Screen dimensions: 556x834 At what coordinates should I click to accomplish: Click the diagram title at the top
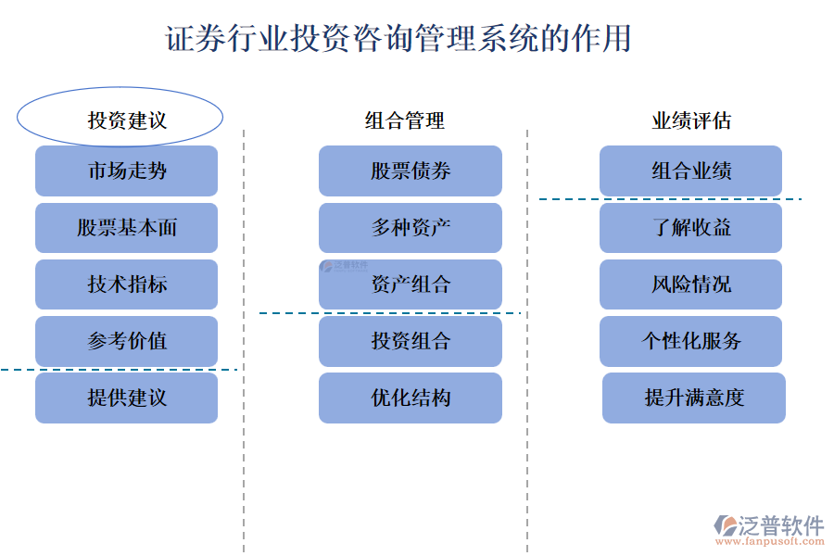[398, 39]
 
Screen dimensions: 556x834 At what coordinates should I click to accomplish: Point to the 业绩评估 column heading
[691, 120]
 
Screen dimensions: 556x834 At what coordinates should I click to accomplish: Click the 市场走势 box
[127, 171]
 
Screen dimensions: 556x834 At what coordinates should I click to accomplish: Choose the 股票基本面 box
[127, 228]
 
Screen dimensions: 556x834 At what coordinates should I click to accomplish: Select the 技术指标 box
[127, 284]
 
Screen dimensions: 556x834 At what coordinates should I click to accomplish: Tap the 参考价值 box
[127, 341]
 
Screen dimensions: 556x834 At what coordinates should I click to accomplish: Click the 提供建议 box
[127, 398]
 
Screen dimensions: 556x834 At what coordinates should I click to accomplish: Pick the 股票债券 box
[411, 171]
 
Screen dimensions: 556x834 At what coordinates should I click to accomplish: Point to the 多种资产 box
[411, 228]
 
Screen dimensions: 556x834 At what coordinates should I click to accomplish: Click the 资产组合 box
[411, 284]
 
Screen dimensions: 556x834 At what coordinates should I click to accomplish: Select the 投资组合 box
[411, 341]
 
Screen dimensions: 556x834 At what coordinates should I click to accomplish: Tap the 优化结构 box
[411, 398]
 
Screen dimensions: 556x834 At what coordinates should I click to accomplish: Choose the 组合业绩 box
[691, 171]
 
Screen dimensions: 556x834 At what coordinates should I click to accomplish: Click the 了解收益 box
[691, 228]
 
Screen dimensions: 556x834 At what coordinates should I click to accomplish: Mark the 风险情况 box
[691, 284]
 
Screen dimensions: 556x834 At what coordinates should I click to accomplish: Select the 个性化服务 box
[691, 341]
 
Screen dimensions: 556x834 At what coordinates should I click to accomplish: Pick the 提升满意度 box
[694, 398]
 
